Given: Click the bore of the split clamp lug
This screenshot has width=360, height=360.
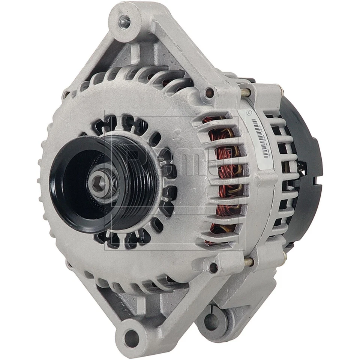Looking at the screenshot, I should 212,322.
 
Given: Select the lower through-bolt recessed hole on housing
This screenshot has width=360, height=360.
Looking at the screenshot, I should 213,268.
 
